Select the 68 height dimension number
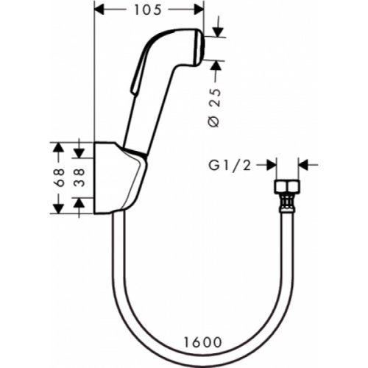(x=60, y=177)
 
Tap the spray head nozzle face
(x=202, y=47)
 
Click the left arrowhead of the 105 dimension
(x=101, y=10)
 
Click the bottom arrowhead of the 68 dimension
(x=60, y=208)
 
